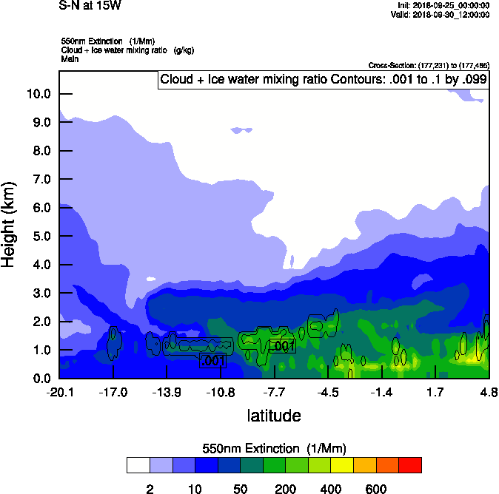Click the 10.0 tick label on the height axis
click(38, 94)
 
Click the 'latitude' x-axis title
click(274, 416)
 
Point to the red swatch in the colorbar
click(410, 465)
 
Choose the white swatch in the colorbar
click(138, 465)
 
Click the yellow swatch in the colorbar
click(342, 465)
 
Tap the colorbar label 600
click(376, 489)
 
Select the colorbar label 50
click(240, 489)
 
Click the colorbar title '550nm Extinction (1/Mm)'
click(274, 448)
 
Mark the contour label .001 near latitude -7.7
click(284, 346)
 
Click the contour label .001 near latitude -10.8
click(212, 361)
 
